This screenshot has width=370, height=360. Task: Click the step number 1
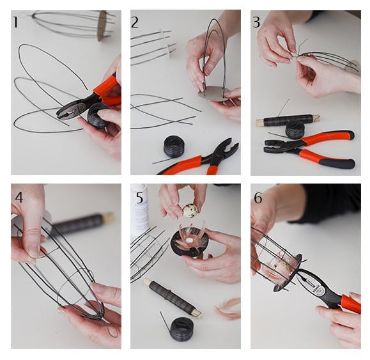click(x=15, y=22)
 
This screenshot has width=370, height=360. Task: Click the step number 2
click(x=134, y=22)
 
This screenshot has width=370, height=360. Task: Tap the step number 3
click(x=256, y=22)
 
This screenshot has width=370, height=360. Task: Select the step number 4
click(x=19, y=198)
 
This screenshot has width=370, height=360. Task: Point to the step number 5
click(x=139, y=198)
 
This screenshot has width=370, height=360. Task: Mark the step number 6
click(x=258, y=198)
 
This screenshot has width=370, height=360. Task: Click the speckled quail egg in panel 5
click(x=190, y=211)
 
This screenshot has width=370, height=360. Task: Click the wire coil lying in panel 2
click(x=173, y=146)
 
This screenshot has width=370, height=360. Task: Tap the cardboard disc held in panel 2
click(x=214, y=94)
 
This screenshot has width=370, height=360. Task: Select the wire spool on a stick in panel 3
click(x=288, y=120)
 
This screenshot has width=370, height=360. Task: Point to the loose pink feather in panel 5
click(x=227, y=308)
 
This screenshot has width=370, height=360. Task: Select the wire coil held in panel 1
click(x=98, y=116)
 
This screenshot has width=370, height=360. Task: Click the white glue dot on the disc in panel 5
click(x=189, y=241)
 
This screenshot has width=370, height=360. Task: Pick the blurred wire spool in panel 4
click(x=82, y=224)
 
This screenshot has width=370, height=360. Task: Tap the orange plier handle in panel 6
click(x=351, y=304)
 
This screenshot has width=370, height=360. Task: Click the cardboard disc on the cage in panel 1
click(x=103, y=26)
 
